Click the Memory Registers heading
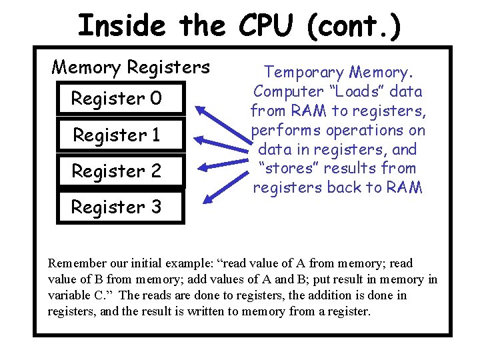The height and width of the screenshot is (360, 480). click(131, 67)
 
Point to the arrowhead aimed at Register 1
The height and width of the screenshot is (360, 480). click(199, 141)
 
